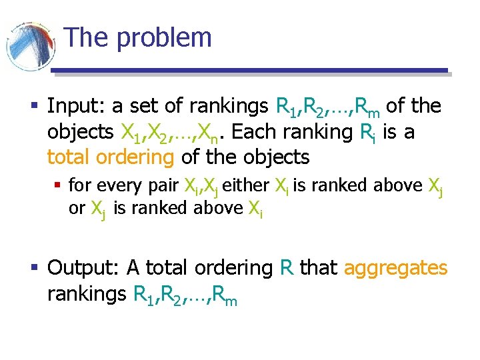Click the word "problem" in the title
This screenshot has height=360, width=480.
pyautogui.click(x=165, y=38)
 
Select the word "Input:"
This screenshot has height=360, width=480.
pyautogui.click(x=75, y=106)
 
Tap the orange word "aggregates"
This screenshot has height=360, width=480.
pyautogui.click(x=395, y=268)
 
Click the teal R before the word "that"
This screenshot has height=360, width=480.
pyautogui.click(x=287, y=267)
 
